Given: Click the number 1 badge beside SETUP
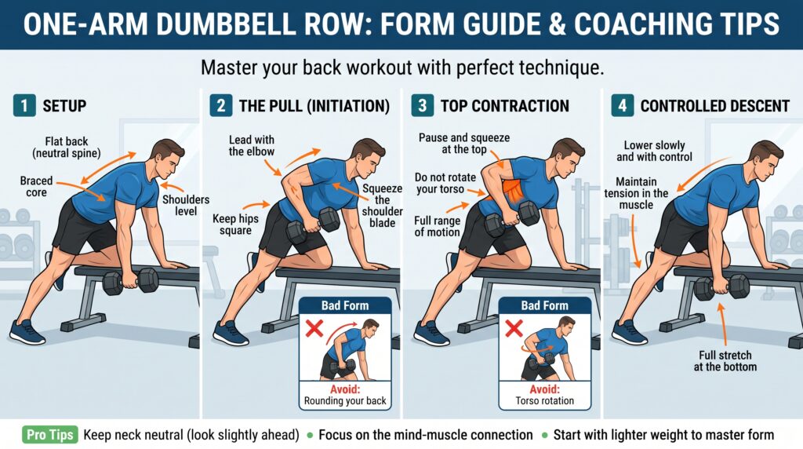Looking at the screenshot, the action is pyautogui.click(x=24, y=106).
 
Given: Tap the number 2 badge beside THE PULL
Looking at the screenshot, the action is pyautogui.click(x=220, y=106).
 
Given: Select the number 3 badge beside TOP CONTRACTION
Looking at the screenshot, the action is pyautogui.click(x=422, y=106).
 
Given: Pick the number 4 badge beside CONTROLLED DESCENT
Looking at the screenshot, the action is pyautogui.click(x=622, y=106).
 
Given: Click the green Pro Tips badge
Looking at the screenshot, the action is pyautogui.click(x=49, y=435).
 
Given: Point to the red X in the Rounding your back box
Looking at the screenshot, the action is pyautogui.click(x=314, y=329).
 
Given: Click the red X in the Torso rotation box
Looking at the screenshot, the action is pyautogui.click(x=514, y=329).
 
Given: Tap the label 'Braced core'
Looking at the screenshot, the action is pyautogui.click(x=36, y=187).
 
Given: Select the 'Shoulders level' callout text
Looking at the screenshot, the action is pyautogui.click(x=185, y=205).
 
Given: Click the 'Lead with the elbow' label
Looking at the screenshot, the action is pyautogui.click(x=252, y=145).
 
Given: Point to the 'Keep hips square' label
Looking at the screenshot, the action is pyautogui.click(x=235, y=224).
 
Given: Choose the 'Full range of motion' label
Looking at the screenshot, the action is pyautogui.click(x=437, y=227).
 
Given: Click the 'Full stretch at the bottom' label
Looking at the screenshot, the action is pyautogui.click(x=725, y=361).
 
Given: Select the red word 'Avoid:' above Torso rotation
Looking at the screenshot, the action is pyautogui.click(x=544, y=389).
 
